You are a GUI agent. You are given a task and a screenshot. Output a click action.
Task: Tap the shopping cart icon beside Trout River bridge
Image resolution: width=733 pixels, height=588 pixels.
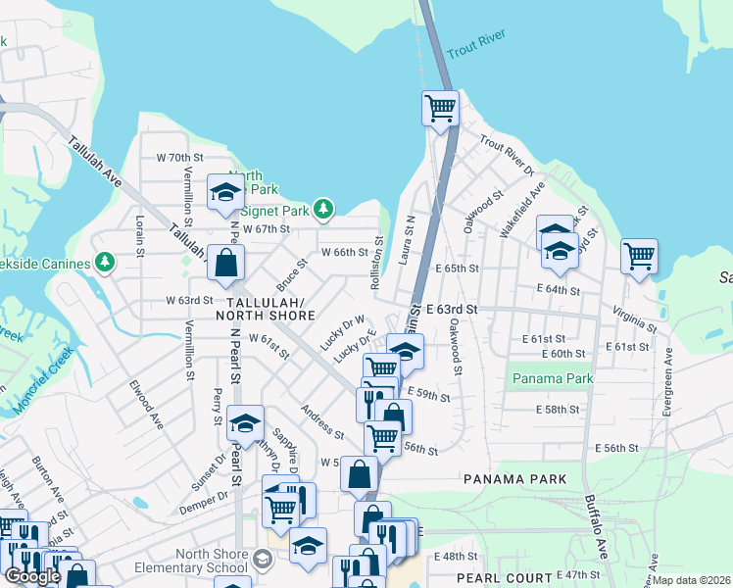tap(441, 108)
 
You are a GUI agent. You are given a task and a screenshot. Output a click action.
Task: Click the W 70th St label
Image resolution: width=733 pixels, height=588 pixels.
tap(179, 157)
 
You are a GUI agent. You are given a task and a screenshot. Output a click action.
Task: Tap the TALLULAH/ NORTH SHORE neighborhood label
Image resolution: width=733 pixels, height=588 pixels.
tap(271, 309)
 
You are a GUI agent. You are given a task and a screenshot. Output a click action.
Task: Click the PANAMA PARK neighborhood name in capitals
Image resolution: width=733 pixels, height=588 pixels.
tap(514, 479)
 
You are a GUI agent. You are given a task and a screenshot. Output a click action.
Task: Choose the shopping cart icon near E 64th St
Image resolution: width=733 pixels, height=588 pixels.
tap(639, 257)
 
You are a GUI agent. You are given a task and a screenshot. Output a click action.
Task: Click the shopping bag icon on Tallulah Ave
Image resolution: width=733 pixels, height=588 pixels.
tap(225, 263)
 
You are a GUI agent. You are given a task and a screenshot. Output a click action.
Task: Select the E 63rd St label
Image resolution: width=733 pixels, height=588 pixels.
tap(452, 309)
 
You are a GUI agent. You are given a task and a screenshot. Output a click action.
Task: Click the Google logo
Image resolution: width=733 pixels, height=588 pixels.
tap(32, 576)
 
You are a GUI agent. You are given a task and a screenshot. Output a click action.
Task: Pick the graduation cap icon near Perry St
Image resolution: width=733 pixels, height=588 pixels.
tap(245, 422)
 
